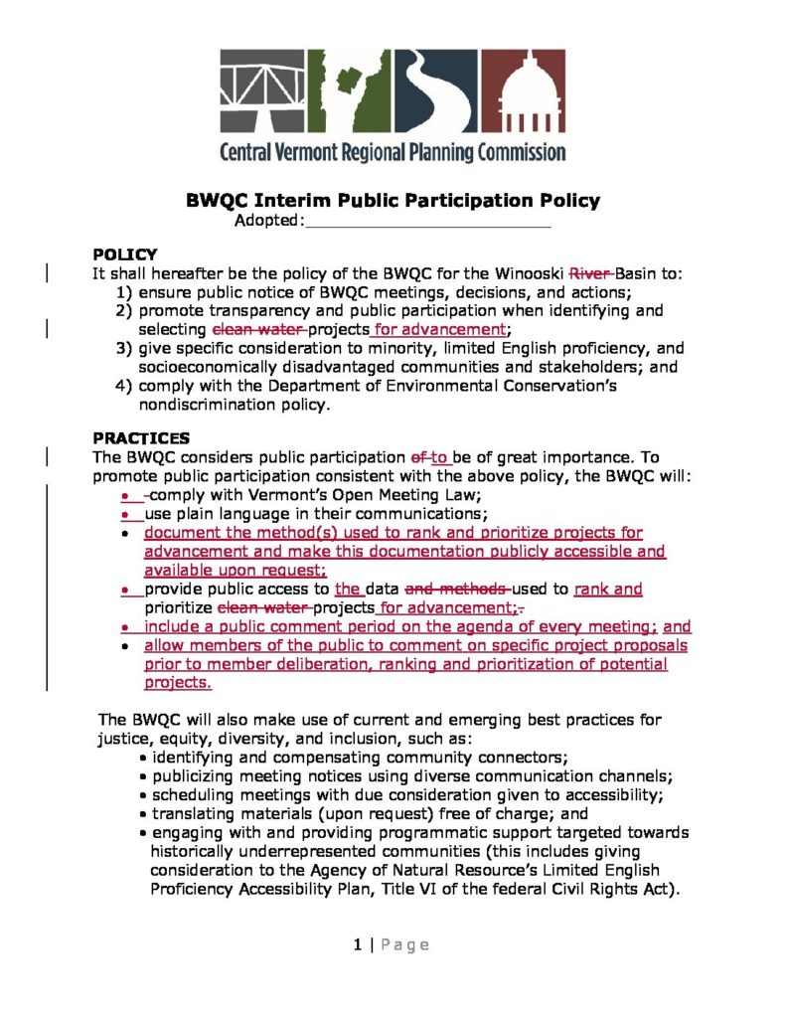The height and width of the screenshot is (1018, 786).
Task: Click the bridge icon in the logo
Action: (260, 93)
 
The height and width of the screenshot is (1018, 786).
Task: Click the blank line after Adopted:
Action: (427, 221)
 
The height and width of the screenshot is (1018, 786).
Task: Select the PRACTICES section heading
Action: (141, 437)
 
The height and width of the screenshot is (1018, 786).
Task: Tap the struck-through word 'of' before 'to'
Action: (418, 457)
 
